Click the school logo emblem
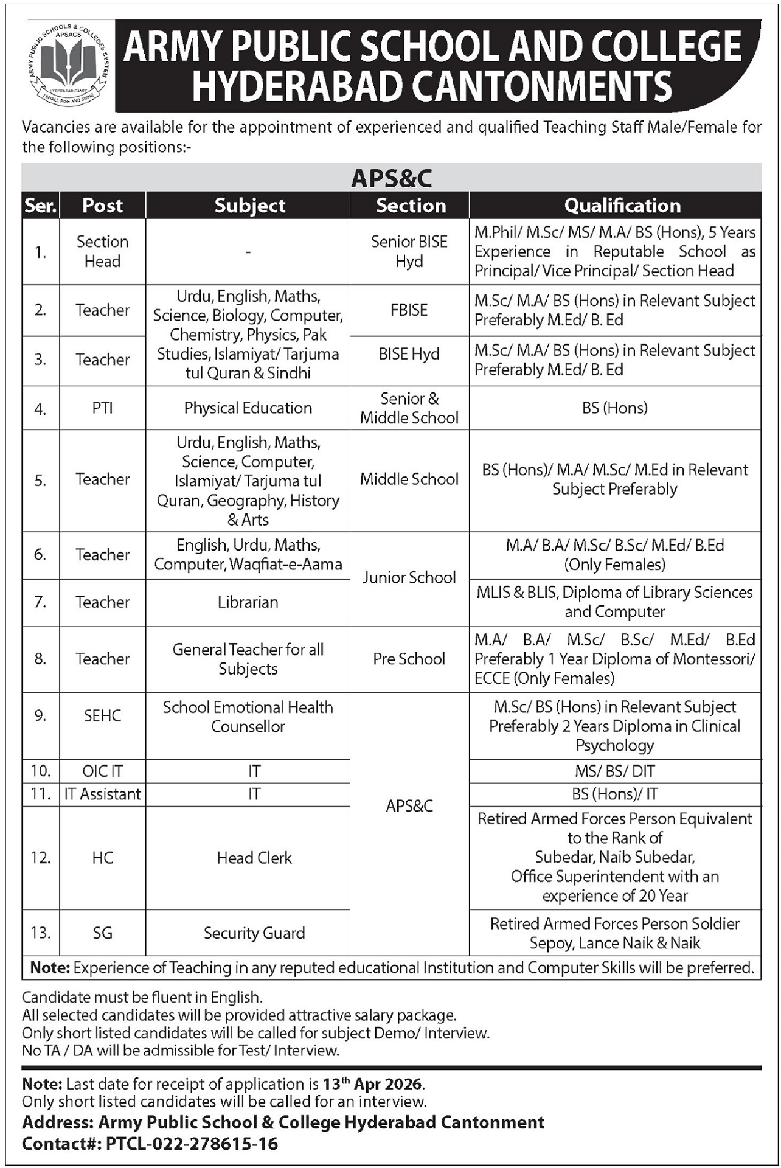(x=67, y=66)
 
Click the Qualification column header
(x=622, y=206)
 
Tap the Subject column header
(x=249, y=206)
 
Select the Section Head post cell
(x=102, y=251)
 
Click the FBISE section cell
(x=409, y=310)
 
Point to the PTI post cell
(x=102, y=408)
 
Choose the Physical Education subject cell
(x=248, y=408)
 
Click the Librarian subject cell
(x=248, y=602)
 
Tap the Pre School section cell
(x=409, y=659)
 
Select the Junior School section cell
(x=409, y=578)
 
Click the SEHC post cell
(x=102, y=716)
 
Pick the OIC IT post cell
(x=102, y=771)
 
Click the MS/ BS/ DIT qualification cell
(x=614, y=771)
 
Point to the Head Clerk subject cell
(x=254, y=858)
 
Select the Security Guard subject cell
(x=254, y=933)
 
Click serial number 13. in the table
(x=41, y=933)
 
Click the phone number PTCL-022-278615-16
(x=192, y=1144)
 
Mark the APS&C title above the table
(x=391, y=178)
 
